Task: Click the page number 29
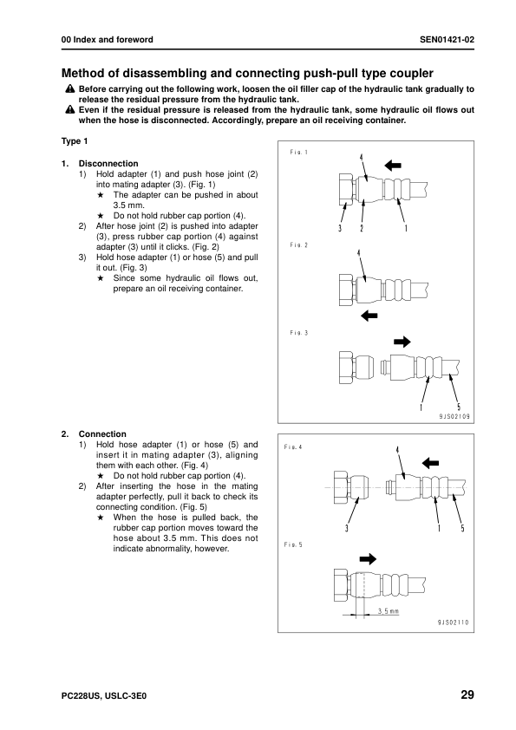467,694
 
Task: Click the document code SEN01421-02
447,40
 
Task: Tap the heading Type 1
75,141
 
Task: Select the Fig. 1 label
298,153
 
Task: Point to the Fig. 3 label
298,333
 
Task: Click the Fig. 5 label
293,544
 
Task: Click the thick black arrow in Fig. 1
393,165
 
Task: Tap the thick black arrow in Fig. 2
369,316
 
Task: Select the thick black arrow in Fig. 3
402,342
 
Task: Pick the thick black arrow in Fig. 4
430,463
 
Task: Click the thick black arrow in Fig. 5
368,558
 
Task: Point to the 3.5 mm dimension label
388,611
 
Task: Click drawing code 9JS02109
454,417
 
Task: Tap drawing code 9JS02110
454,622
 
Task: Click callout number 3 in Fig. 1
340,229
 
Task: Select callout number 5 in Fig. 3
459,407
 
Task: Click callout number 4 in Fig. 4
397,450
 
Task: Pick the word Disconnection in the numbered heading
108,163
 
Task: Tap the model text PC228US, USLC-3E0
104,696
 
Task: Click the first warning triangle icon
70,88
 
